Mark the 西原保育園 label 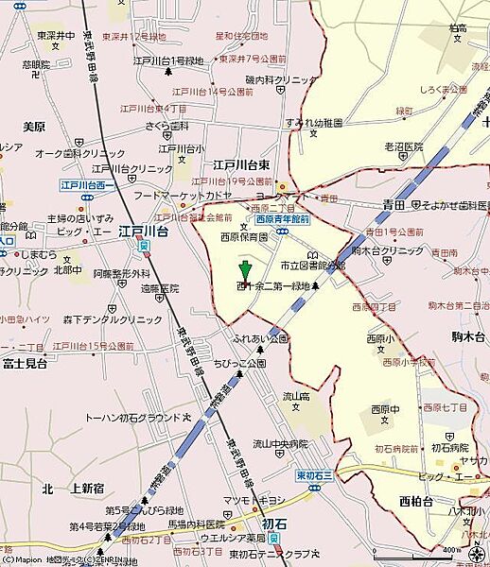click(x=244, y=237)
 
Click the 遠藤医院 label click(x=159, y=288)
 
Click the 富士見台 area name click(x=26, y=362)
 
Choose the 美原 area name click(x=34, y=126)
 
